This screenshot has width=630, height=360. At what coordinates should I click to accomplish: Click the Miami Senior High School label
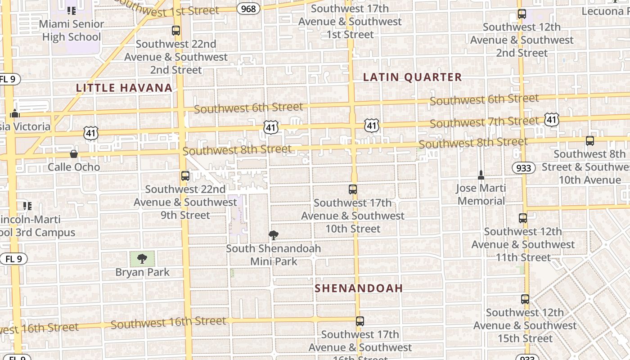(72, 31)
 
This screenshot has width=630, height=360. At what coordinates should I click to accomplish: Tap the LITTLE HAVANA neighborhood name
(124, 88)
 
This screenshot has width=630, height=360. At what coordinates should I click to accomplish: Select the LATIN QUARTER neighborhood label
(412, 77)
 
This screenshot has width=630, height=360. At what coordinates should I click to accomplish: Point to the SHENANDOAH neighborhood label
(359, 288)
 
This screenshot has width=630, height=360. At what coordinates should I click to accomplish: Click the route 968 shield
(248, 9)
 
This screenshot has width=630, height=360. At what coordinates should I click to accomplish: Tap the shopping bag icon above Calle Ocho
(74, 154)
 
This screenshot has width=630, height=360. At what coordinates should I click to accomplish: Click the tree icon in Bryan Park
(142, 258)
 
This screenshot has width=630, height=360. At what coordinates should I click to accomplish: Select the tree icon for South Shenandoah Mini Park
(273, 234)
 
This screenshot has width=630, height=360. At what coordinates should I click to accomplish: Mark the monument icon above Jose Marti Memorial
(481, 175)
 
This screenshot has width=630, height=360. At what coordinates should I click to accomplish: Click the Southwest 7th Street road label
(484, 122)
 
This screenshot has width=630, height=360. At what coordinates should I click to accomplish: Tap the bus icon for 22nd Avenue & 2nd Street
(176, 31)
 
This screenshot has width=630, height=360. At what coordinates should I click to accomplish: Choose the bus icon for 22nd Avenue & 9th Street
(185, 176)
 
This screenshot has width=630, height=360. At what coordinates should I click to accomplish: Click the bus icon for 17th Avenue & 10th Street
(353, 189)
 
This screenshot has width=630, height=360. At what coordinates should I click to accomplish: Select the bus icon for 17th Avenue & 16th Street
(360, 321)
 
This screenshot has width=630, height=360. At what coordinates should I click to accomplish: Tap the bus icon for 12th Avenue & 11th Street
(523, 218)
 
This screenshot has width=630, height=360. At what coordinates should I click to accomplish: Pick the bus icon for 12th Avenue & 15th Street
(525, 299)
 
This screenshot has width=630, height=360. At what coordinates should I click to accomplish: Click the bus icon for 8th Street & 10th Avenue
(590, 141)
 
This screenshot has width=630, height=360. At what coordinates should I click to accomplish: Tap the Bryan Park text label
(143, 272)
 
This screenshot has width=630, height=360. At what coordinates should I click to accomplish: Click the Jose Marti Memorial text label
(481, 194)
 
